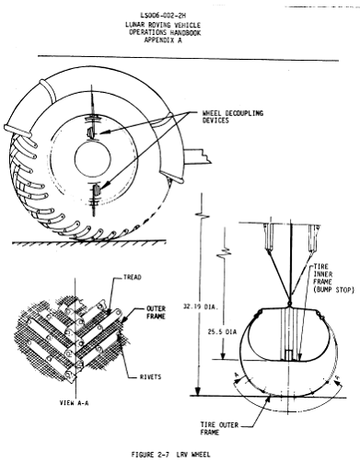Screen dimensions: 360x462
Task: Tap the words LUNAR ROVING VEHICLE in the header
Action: pos(163,25)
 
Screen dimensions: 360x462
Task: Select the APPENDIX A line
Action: pos(163,40)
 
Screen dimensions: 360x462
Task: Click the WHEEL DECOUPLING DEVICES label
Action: pos(233,117)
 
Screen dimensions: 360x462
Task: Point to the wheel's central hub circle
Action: pos(93,158)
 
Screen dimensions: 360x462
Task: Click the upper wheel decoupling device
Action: pos(92,133)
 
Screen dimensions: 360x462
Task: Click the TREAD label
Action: pos(133,277)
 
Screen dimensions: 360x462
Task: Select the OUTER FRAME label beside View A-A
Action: pos(156,312)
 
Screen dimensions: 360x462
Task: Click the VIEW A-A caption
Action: pos(74,403)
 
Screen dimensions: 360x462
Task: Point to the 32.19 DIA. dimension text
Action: pos(201,306)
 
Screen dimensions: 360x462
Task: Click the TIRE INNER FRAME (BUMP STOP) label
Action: pos(334,278)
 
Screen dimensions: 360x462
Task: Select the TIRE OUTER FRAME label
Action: pos(220,429)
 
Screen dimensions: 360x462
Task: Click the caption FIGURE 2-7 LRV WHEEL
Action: pos(171,455)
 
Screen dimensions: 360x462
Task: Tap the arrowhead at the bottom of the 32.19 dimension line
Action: pos(199,391)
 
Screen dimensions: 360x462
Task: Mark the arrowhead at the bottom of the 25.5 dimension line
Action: pos(224,355)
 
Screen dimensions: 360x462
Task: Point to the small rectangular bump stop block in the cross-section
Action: pos(289,355)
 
